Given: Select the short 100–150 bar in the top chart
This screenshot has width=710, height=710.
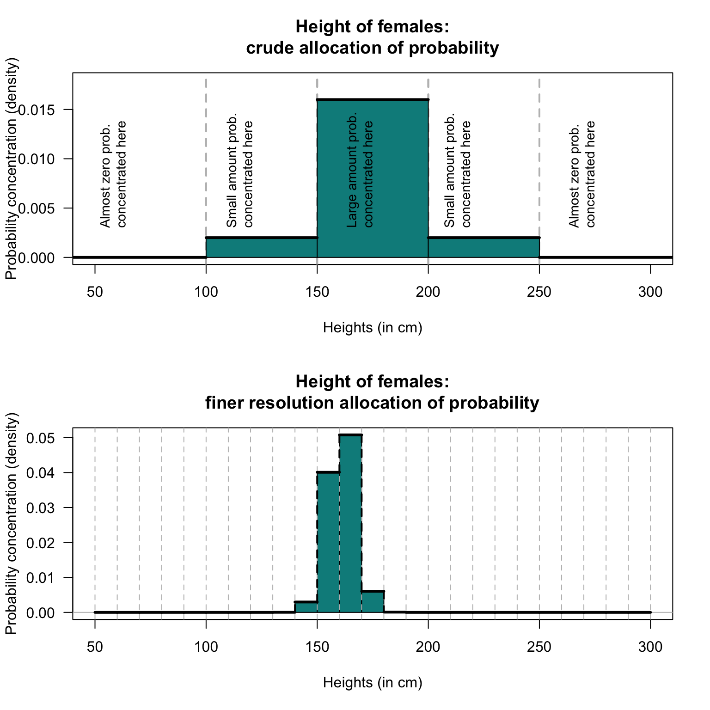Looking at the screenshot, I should tap(262, 248).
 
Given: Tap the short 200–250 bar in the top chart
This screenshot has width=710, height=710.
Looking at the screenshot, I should tap(484, 248).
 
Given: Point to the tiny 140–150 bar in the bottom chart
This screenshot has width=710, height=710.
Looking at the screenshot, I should tap(306, 607).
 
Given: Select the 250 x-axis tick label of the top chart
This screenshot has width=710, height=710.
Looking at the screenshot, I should tap(539, 293).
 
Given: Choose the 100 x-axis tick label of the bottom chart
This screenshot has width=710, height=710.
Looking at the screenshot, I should tap(206, 647).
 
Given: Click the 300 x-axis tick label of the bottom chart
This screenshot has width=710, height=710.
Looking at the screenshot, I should tap(650, 647).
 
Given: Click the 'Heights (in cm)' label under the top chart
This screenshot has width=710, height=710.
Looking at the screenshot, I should tap(373, 328).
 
